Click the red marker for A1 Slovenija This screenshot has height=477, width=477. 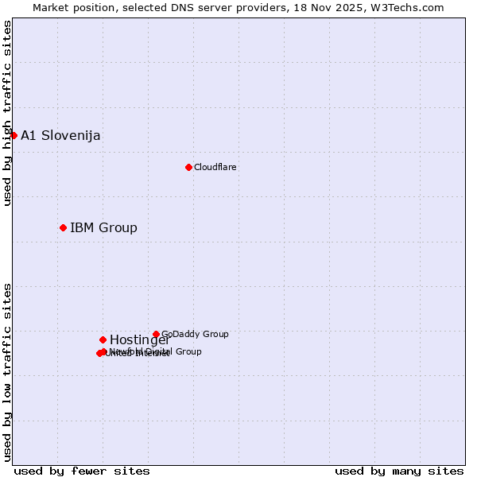coord(14,135)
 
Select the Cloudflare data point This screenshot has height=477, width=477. coord(188,167)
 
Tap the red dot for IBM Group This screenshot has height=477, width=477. coord(63,228)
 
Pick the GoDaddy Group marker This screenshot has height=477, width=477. coord(156,335)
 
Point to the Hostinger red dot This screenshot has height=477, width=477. coord(103,340)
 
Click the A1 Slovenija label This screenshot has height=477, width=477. coord(60,135)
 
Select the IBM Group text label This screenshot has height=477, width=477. coord(103,228)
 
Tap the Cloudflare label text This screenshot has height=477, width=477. coord(215,167)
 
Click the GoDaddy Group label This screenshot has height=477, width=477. coord(195,335)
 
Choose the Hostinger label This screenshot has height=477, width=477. coord(139,340)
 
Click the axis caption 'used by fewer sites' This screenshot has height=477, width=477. coord(82,471)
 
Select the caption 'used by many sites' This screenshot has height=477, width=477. coord(399,471)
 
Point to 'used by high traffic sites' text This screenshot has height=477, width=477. coord(7,114)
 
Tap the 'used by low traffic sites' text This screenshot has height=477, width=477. coord(7,372)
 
